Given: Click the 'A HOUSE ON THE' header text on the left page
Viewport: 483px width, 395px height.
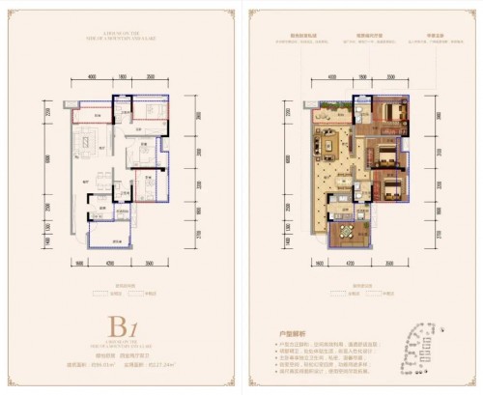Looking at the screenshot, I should pyautogui.click(x=120, y=23).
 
